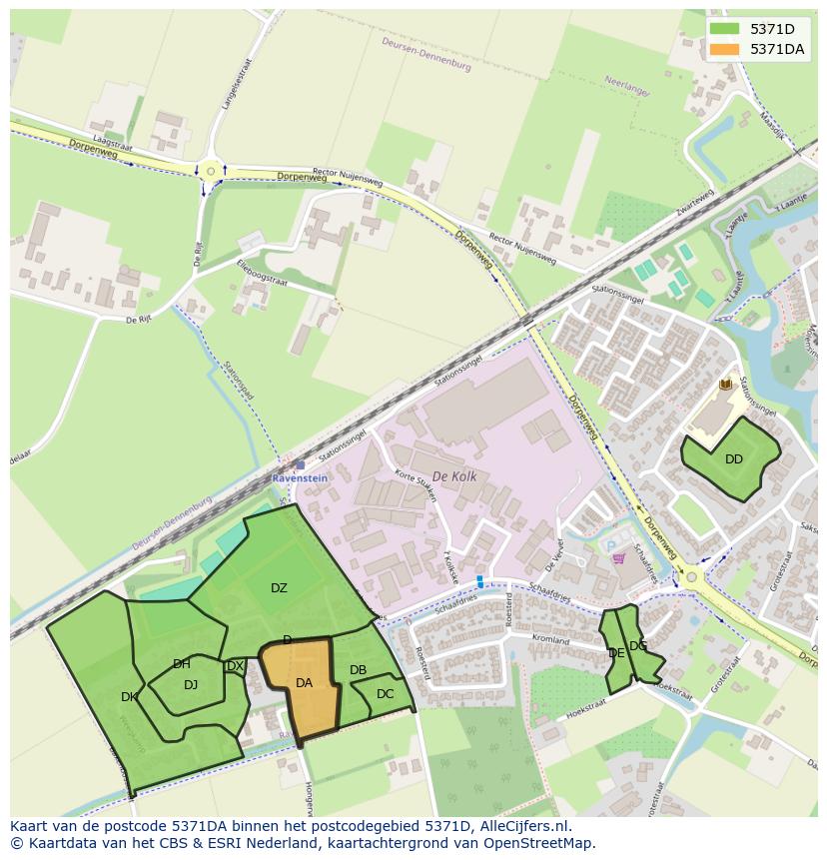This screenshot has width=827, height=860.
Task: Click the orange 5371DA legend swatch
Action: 725,49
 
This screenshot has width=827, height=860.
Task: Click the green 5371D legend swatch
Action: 725,29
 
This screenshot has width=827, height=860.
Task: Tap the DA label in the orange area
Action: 305,683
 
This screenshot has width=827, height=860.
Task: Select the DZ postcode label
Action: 279,588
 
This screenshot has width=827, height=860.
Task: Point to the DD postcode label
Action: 734,459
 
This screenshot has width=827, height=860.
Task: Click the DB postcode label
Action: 358,669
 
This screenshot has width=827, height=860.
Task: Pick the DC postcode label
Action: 385,694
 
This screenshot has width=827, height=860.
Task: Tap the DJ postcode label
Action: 191,684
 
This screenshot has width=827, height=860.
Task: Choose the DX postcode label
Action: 235,666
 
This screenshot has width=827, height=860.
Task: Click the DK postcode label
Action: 129,697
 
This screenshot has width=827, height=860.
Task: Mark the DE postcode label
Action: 616,653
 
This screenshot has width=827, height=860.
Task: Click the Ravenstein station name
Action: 300,478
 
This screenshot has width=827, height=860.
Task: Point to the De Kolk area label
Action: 454,477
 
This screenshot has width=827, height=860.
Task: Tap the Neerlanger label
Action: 627,88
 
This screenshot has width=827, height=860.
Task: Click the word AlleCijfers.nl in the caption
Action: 522,827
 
